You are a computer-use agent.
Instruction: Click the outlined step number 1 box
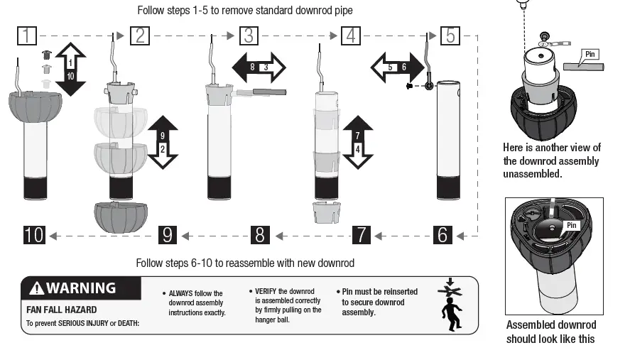point(27,35)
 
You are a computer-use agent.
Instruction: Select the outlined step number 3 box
point(248,35)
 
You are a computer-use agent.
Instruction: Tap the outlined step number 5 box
point(450,35)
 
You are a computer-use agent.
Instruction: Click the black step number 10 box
point(34,234)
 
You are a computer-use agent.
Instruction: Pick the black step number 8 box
point(260,234)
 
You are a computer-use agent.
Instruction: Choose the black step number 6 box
point(442,234)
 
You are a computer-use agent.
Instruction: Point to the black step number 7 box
point(362,234)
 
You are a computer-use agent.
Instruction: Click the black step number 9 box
point(166,234)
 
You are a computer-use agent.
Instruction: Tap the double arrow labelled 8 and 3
point(259,67)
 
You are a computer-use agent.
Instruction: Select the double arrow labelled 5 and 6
point(396,67)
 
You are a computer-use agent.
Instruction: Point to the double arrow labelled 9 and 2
point(163,141)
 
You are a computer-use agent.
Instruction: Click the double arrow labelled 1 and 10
point(70,69)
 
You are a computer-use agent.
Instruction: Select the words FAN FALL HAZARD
point(62,310)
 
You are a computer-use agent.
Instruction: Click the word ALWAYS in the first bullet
point(177,293)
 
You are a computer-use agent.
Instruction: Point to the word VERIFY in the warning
point(264,291)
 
